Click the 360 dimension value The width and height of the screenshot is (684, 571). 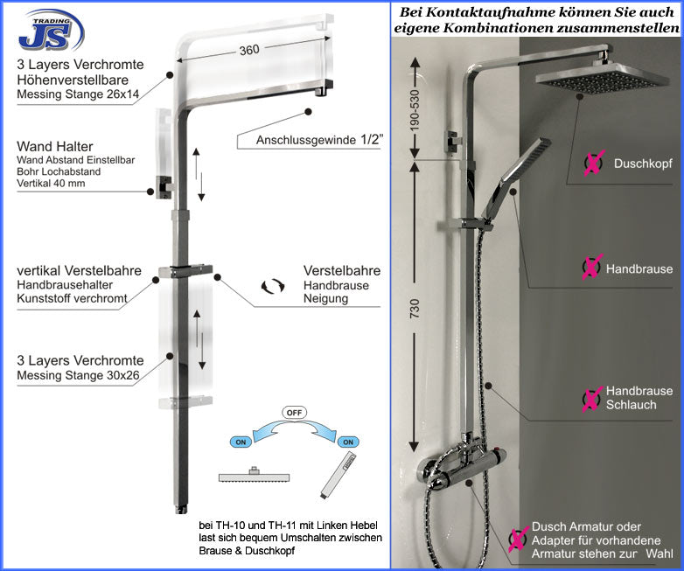click(249, 51)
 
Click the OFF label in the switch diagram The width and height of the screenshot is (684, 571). click(295, 412)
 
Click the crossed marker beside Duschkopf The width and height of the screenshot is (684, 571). click(594, 163)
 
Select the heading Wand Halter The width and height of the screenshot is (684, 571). click(54, 146)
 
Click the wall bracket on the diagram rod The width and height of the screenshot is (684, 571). click(163, 185)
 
